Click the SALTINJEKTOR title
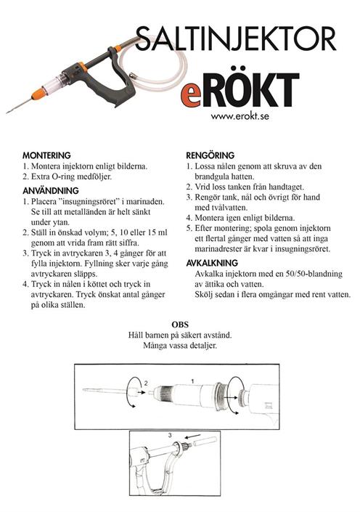[236, 38]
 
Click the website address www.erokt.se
[240, 116]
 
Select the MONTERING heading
[46, 155]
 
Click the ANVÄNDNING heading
[51, 190]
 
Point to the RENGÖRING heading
[210, 155]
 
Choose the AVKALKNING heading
[212, 263]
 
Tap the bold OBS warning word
[180, 325]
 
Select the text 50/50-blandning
[314, 274]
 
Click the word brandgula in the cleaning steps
[211, 176]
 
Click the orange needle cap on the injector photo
[39, 94]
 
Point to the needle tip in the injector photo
[7, 113]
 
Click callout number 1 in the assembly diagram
[192, 381]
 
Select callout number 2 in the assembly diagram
[146, 383]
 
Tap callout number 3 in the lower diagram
[170, 435]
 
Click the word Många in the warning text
[155, 346]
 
